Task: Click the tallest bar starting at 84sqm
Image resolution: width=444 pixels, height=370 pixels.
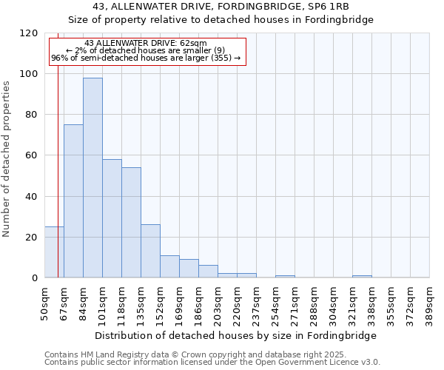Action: pyautogui.click(x=92, y=178)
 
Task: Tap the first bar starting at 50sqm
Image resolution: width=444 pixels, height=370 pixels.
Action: pyautogui.click(x=54, y=252)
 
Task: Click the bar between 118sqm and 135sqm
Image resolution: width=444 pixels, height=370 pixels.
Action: pyautogui.click(x=131, y=222)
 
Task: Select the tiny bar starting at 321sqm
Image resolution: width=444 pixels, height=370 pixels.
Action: pyautogui.click(x=362, y=277)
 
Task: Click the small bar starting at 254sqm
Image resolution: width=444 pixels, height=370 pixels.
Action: pyautogui.click(x=285, y=277)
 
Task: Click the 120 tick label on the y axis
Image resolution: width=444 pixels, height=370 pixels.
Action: pyautogui.click(x=29, y=33)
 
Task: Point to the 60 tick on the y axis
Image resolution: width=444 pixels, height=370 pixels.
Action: pyautogui.click(x=32, y=155)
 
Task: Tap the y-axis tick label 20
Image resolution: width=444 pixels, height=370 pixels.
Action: pyautogui.click(x=32, y=238)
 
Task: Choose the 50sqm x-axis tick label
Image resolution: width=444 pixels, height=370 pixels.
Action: pyautogui.click(x=44, y=303)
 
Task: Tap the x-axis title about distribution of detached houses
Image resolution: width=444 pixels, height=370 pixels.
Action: pyautogui.click(x=236, y=335)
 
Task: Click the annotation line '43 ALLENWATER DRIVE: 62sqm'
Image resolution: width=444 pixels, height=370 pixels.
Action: pyautogui.click(x=146, y=44)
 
